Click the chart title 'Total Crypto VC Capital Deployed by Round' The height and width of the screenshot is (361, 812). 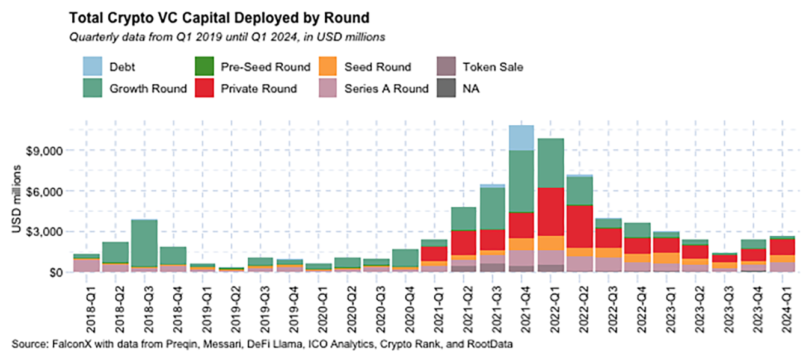coord(219,16)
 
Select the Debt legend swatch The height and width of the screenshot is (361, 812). coord(91,66)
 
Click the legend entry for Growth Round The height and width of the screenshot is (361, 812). coord(148,88)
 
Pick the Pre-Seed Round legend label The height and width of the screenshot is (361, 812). coord(265,67)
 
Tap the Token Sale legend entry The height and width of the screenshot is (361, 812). coord(493,67)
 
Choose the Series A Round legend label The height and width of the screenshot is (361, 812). coord(386,88)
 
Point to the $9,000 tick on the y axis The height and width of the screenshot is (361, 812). coord(47,150)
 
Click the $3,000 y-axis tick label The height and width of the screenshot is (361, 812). coord(47,232)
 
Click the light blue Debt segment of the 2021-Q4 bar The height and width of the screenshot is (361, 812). coord(521,138)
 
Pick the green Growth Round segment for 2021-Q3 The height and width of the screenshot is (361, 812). coord(493,208)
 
